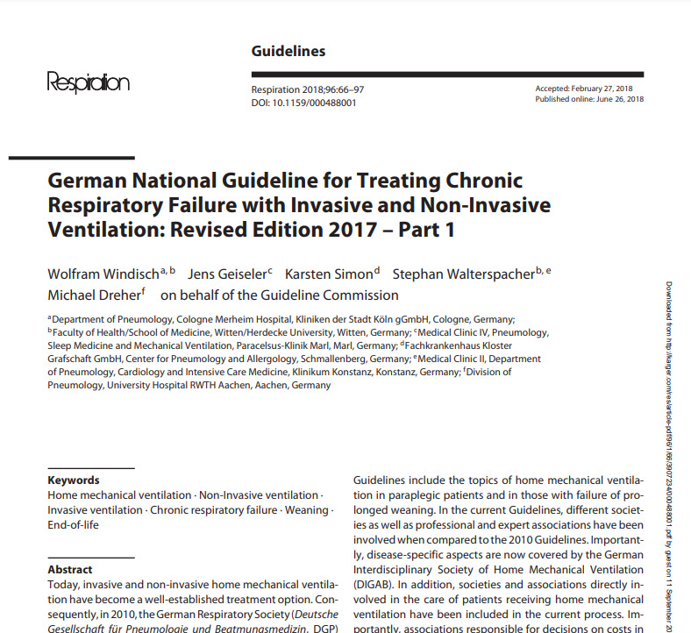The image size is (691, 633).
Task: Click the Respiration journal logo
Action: (x=88, y=84)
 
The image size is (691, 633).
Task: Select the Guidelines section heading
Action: (x=288, y=51)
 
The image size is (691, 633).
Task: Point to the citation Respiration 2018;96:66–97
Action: (x=309, y=90)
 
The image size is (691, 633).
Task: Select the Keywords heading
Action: (x=74, y=480)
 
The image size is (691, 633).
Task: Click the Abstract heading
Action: (x=70, y=570)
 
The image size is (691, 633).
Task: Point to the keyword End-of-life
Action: (x=73, y=524)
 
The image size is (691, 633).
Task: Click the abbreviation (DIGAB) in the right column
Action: (x=374, y=584)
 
